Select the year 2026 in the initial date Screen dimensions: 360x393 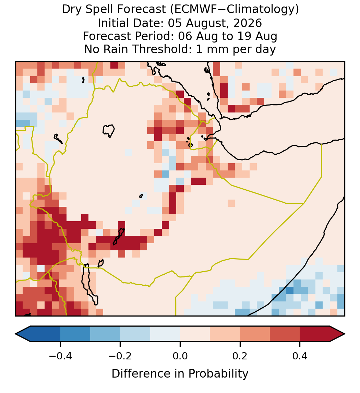pos(248,23)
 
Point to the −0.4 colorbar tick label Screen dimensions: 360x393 pos(60,356)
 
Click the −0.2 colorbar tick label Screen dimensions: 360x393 pos(120,356)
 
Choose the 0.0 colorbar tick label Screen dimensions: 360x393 pos(180,356)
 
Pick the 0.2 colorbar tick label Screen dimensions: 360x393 pos(240,356)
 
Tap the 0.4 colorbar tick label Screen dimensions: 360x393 pos(300,356)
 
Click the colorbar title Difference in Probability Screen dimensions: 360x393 pos(180,374)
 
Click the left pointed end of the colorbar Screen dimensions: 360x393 pos(15,334)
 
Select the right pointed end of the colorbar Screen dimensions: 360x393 pos(345,334)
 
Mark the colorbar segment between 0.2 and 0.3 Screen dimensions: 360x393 pos(255,334)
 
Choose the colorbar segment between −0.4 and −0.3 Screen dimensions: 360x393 pos(75,334)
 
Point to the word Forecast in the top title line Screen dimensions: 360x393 pos(142,10)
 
